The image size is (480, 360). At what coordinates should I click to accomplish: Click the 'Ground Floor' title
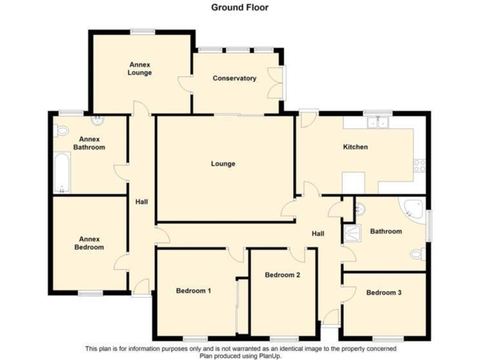click(239, 7)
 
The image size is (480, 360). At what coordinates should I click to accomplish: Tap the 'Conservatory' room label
click(234, 79)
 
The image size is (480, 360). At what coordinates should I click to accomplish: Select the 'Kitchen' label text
click(355, 147)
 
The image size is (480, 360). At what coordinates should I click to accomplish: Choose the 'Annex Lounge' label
click(140, 69)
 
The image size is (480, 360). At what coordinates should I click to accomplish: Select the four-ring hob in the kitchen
click(419, 166)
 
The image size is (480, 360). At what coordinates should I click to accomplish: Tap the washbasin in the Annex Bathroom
click(97, 121)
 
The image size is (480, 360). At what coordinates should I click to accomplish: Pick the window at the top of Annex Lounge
click(143, 32)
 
